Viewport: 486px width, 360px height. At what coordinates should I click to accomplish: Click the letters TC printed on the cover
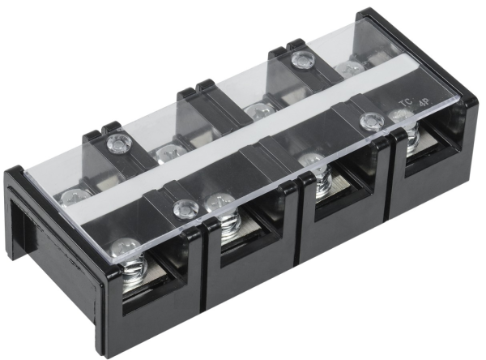tap(406, 103)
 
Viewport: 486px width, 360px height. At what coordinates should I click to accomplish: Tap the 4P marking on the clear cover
tap(423, 106)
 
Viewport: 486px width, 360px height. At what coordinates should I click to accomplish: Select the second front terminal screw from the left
tap(220, 203)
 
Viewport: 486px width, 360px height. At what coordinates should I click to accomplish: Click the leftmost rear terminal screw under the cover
tap(73, 195)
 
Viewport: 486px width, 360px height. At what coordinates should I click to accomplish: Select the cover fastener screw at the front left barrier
tap(186, 208)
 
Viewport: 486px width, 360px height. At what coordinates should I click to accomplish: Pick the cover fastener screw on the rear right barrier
tap(302, 59)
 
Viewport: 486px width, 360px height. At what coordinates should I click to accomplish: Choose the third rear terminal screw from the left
tap(258, 109)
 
